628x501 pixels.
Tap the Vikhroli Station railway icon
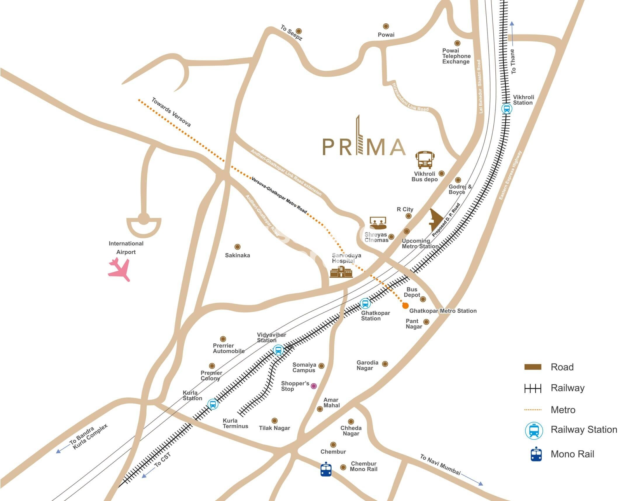coord(506,109)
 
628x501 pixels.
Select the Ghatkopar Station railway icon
coord(365,304)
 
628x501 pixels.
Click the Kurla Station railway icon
coord(213,404)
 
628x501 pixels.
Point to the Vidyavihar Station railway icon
coord(278,350)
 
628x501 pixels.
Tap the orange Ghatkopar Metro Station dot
coord(405,306)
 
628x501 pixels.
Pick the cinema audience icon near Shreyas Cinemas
coord(378,223)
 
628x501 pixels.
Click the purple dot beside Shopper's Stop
coord(314,386)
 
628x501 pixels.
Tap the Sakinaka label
coord(237,255)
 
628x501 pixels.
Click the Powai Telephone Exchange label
coord(456,56)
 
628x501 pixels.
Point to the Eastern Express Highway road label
coord(510,175)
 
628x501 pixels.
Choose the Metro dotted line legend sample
coord(533,410)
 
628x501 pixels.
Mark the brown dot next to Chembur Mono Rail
coord(343,467)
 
